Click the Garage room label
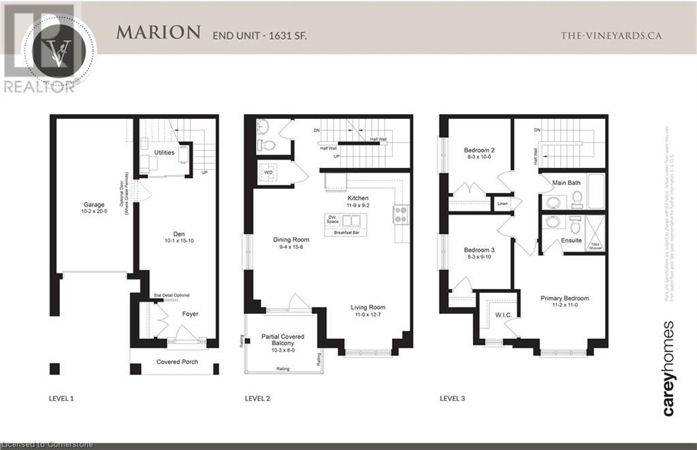pyautogui.click(x=93, y=204)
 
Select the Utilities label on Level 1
pyautogui.click(x=164, y=152)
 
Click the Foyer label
pyautogui.click(x=190, y=314)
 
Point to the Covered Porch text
pyautogui.click(x=177, y=362)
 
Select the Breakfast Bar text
pyautogui.click(x=346, y=232)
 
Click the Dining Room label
pyautogui.click(x=291, y=239)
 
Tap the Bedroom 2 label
pyautogui.click(x=479, y=150)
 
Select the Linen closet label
pyautogui.click(x=503, y=203)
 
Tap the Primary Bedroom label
pyautogui.click(x=564, y=298)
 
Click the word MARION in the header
pyautogui.click(x=158, y=32)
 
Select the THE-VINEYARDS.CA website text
pyautogui.click(x=611, y=35)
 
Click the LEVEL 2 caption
pyautogui.click(x=257, y=398)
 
